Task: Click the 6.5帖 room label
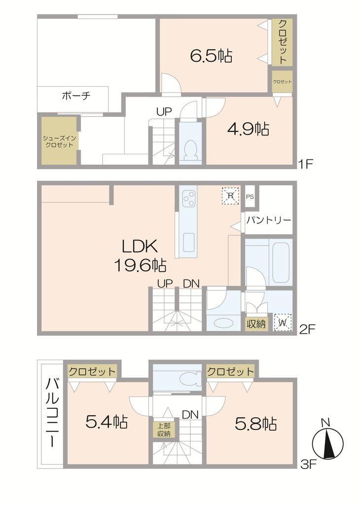coord(211,56)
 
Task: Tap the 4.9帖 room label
coord(249,130)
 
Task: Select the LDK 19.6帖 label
coord(140,256)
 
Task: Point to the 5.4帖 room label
coord(107,422)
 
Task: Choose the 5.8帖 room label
coord(256,424)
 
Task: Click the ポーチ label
coord(76,95)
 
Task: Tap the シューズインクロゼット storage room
coord(59,141)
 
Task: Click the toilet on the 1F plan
coord(191,150)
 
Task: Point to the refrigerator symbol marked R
coord(231,195)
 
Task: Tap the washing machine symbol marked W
coord(283,322)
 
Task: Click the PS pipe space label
coord(250,196)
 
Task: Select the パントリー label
coord(269,220)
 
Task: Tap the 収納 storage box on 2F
coord(256,324)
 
